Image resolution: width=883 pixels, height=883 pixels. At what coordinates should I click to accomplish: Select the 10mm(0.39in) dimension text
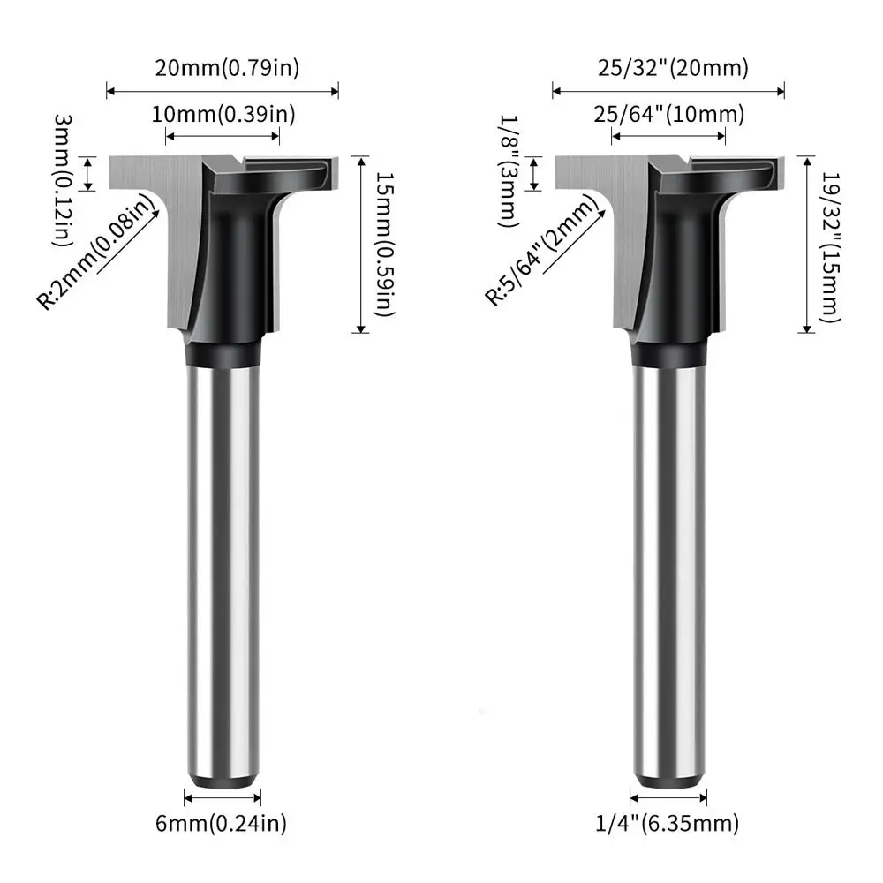click(223, 114)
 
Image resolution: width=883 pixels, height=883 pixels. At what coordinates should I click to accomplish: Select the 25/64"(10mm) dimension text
click(668, 114)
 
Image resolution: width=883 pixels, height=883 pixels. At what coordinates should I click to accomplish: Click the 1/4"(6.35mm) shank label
click(668, 824)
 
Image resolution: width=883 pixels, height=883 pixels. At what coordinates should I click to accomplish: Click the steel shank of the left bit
click(223, 565)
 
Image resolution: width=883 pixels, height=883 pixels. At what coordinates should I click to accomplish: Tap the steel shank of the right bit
click(668, 565)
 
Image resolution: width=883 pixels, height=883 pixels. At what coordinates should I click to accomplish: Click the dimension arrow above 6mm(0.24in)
click(223, 797)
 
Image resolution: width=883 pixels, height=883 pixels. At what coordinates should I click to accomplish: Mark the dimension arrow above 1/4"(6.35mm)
click(668, 797)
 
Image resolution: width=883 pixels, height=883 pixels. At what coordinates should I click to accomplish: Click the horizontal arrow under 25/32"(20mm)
click(668, 89)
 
